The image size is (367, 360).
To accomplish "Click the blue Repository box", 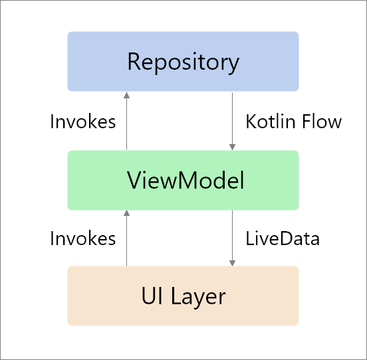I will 183,61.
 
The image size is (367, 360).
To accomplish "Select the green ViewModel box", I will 183,180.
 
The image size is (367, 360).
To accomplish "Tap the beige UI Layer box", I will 183,296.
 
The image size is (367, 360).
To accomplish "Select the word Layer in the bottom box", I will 197,297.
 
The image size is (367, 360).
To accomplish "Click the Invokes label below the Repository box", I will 82,122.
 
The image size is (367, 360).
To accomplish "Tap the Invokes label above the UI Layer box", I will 82,238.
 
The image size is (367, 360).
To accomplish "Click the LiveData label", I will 283,238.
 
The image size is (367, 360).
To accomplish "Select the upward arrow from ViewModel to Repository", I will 126,121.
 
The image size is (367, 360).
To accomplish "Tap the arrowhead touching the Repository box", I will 126,94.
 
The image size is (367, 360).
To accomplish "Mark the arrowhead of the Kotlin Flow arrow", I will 232,147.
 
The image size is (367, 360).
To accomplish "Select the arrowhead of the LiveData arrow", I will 232,262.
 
